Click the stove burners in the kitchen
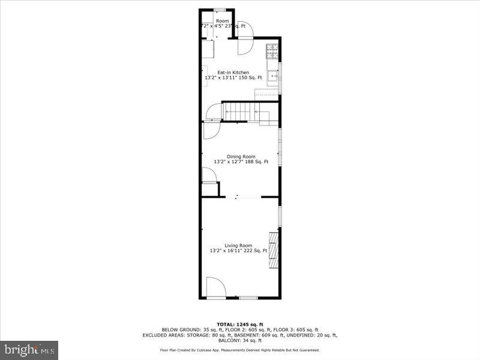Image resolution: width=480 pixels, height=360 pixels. tap(273, 51)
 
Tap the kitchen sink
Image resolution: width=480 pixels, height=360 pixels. tap(273, 76)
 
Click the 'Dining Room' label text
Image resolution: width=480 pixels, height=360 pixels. tap(241, 157)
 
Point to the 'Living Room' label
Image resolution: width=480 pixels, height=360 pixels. tap(238, 245)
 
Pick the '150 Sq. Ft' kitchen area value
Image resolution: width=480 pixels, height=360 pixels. tap(250, 78)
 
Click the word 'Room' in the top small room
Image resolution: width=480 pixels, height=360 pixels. tap(222, 22)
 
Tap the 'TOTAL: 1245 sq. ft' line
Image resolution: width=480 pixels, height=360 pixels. tap(240, 325)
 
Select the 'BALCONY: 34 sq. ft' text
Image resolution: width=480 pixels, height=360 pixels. tap(239, 340)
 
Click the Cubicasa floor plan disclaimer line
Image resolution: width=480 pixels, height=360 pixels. tap(240, 350)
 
